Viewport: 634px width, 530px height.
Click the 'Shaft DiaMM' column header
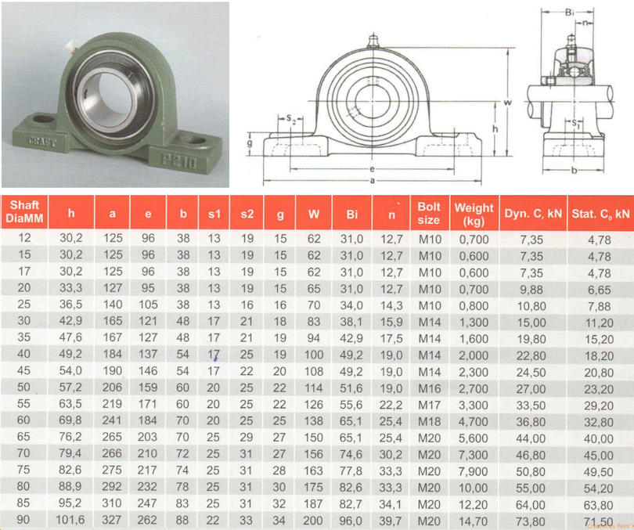click(x=24, y=212)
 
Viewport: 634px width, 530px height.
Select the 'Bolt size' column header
click(x=429, y=213)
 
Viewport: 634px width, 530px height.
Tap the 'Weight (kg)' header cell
click(x=474, y=214)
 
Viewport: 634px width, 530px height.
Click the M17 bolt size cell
click(x=429, y=405)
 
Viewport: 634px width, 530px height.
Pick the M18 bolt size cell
click(x=429, y=421)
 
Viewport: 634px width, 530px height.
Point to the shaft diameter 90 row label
click(x=23, y=520)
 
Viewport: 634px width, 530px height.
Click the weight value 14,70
click(x=473, y=521)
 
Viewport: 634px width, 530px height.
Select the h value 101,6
click(x=70, y=520)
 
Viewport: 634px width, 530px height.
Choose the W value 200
click(x=313, y=521)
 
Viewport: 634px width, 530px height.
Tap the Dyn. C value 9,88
click(x=531, y=290)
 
